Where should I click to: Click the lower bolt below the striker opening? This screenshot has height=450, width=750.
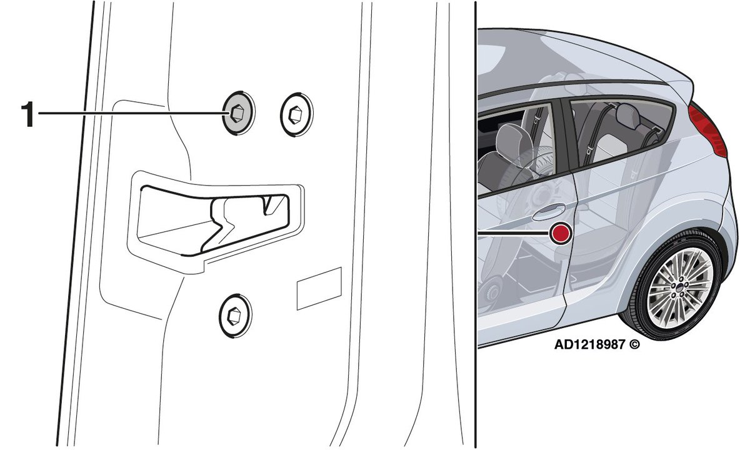point(236,314)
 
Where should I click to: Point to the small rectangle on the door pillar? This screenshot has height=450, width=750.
point(319,288)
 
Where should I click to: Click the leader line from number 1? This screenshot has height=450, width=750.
point(131,113)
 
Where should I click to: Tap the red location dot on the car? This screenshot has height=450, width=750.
point(560,233)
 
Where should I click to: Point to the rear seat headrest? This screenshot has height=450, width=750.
point(627,116)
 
